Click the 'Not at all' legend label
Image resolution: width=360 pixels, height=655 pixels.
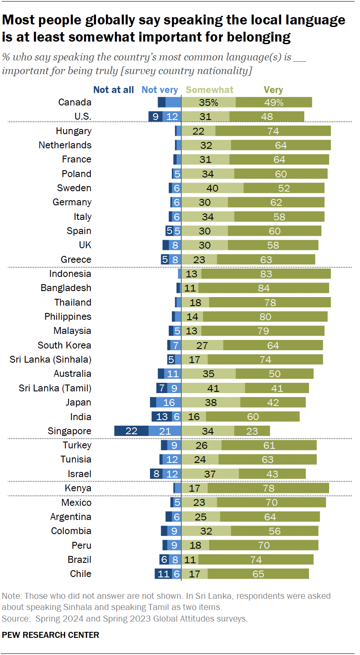click(114, 90)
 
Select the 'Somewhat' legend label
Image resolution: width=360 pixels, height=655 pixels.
click(210, 90)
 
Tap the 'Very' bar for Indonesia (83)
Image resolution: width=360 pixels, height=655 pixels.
click(266, 274)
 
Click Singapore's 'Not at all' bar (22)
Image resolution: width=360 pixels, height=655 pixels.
click(131, 431)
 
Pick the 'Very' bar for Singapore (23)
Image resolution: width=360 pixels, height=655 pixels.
click(252, 431)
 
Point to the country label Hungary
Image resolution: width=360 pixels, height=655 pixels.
click(73, 131)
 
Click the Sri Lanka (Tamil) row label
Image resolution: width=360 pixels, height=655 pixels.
click(55, 388)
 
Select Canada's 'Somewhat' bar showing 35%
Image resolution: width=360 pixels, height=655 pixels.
click(208, 102)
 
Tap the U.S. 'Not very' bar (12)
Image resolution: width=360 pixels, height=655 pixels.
click(172, 117)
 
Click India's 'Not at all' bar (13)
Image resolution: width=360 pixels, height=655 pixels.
click(162, 417)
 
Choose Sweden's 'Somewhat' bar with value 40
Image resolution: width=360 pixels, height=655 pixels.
click(212, 188)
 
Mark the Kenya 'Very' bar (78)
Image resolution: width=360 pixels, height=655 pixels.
click(268, 488)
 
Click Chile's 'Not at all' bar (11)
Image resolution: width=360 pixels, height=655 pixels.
click(163, 574)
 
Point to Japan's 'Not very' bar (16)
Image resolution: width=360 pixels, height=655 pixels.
click(169, 403)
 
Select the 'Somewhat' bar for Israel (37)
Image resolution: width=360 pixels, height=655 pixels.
click(210, 474)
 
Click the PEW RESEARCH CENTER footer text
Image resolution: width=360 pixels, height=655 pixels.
click(51, 635)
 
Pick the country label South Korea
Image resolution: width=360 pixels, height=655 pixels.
click(64, 345)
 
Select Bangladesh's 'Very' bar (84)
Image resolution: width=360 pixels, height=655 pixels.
click(264, 288)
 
